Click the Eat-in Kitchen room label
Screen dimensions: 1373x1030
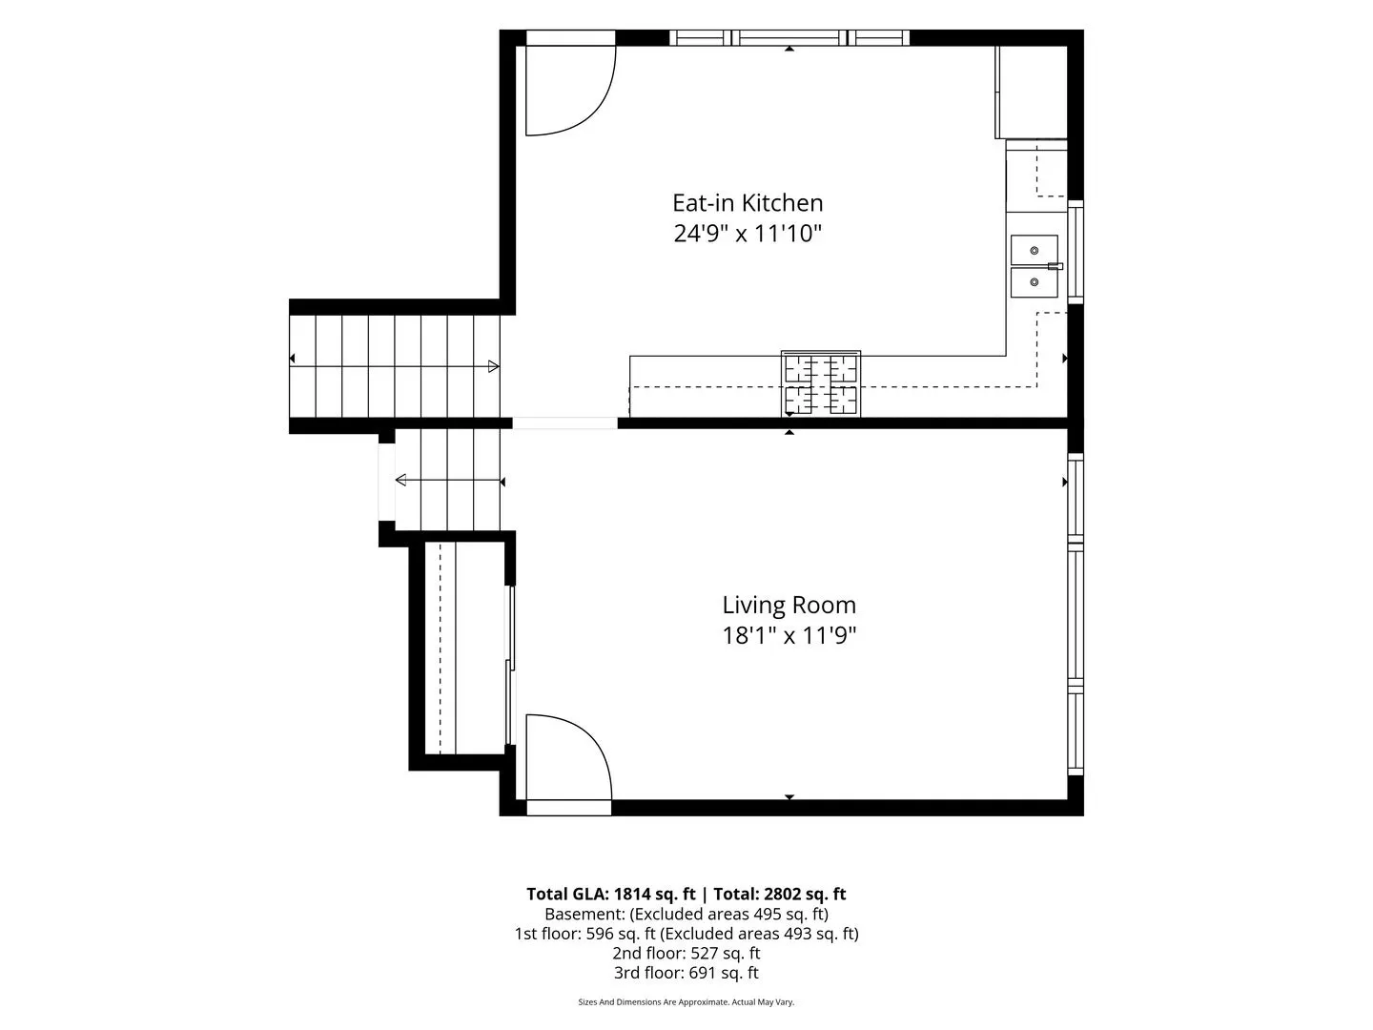748,203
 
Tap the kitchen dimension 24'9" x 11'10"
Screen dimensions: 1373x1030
748,234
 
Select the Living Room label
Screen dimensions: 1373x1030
789,606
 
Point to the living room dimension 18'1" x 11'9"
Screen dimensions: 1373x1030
789,636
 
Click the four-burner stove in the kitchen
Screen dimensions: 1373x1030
821,383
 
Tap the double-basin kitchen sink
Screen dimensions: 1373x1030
1035,266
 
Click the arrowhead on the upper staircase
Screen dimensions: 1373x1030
494,366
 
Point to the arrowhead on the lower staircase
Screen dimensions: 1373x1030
401,480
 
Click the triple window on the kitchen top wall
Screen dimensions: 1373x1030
789,37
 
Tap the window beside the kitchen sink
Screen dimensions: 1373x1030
1076,252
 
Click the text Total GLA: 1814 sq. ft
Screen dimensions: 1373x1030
610,894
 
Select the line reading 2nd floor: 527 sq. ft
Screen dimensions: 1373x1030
686,953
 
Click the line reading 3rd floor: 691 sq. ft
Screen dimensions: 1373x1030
686,973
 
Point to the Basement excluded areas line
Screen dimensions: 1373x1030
686,914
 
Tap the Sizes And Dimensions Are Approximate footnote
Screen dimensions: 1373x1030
686,1001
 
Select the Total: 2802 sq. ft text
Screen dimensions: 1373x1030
780,894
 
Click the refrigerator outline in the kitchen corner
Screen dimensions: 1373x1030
1031,92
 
